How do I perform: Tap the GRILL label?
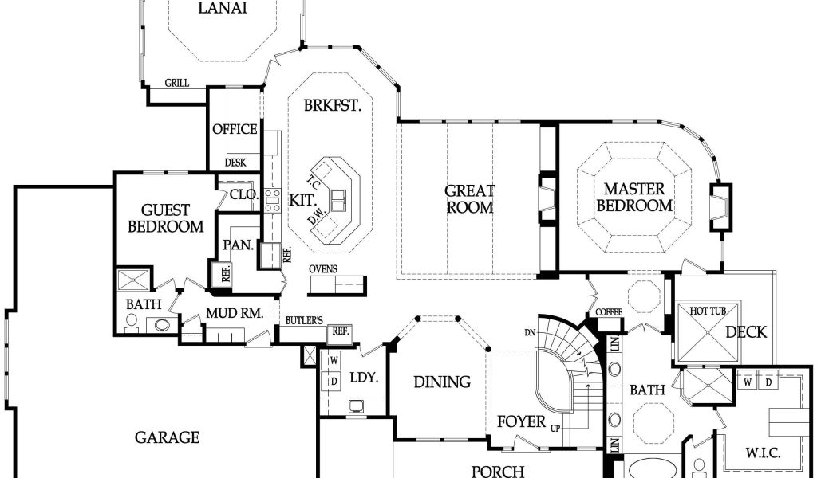point(177,83)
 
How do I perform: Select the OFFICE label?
point(235,129)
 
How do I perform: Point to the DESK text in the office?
point(235,163)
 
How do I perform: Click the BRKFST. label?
point(333,106)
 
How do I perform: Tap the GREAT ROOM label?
point(470,199)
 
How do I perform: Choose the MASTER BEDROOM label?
point(634,197)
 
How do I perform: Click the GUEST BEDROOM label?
point(166,218)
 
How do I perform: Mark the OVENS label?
point(323,269)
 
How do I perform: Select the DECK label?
point(746,332)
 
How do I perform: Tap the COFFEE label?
point(609,312)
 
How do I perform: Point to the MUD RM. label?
point(235,313)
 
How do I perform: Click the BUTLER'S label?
point(304,321)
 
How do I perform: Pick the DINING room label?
point(442,382)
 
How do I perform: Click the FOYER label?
point(522,421)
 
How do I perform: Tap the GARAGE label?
point(168,437)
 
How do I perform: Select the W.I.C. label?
point(763,453)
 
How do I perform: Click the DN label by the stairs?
point(530,331)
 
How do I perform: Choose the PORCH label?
point(498,472)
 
